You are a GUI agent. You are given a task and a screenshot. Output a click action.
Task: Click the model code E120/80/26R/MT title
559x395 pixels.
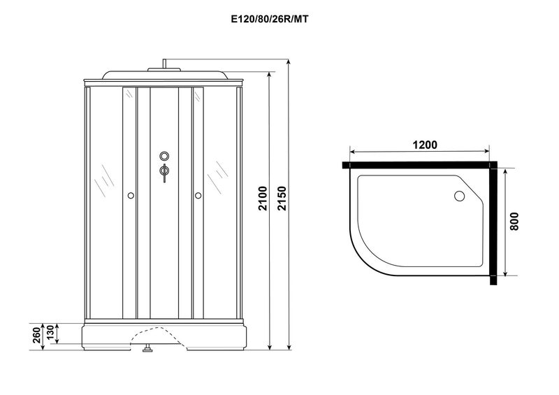point(270,20)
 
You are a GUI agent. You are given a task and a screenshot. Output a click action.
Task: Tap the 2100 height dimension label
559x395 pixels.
point(263,199)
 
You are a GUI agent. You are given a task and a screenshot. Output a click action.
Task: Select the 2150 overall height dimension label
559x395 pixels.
point(282,199)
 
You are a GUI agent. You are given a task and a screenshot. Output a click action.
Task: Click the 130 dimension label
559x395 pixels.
point(50,332)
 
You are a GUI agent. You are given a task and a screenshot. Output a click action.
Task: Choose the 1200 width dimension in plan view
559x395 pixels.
point(425,145)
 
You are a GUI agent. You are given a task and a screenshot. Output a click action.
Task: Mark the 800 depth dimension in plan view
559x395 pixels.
point(514,221)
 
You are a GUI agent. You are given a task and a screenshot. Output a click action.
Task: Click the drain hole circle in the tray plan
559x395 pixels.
point(459,196)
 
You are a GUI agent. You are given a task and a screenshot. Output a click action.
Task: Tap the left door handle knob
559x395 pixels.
point(131,196)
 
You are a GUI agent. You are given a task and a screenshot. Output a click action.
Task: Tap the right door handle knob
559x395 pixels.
point(198,196)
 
